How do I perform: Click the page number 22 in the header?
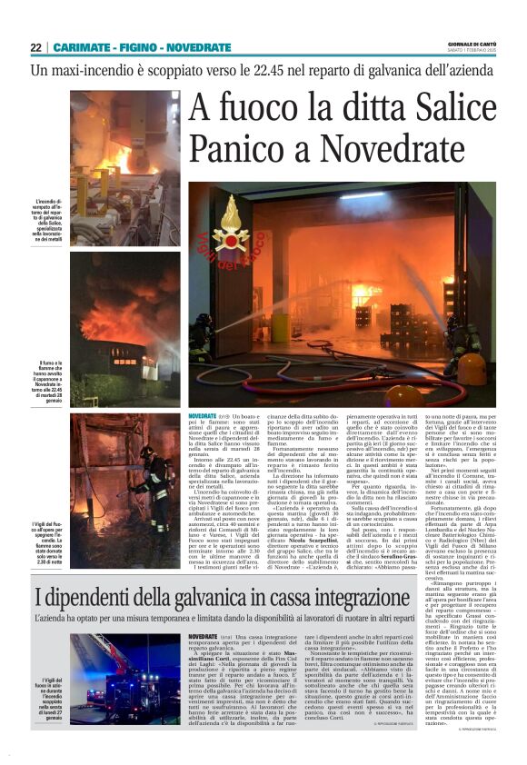(35, 47)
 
